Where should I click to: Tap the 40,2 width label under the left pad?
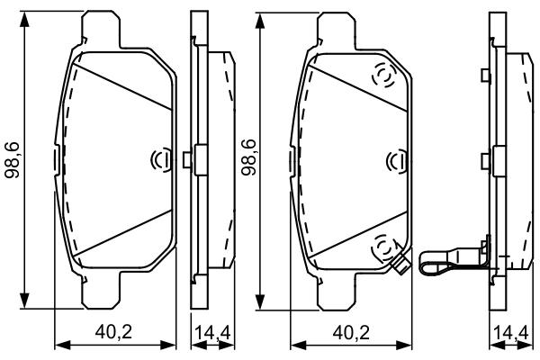[114, 330]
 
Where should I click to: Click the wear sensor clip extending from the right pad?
[445, 265]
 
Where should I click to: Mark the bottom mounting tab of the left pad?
[101, 290]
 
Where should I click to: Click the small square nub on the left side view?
[186, 160]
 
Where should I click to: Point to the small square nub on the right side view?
[485, 160]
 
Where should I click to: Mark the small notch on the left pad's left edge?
[57, 160]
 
